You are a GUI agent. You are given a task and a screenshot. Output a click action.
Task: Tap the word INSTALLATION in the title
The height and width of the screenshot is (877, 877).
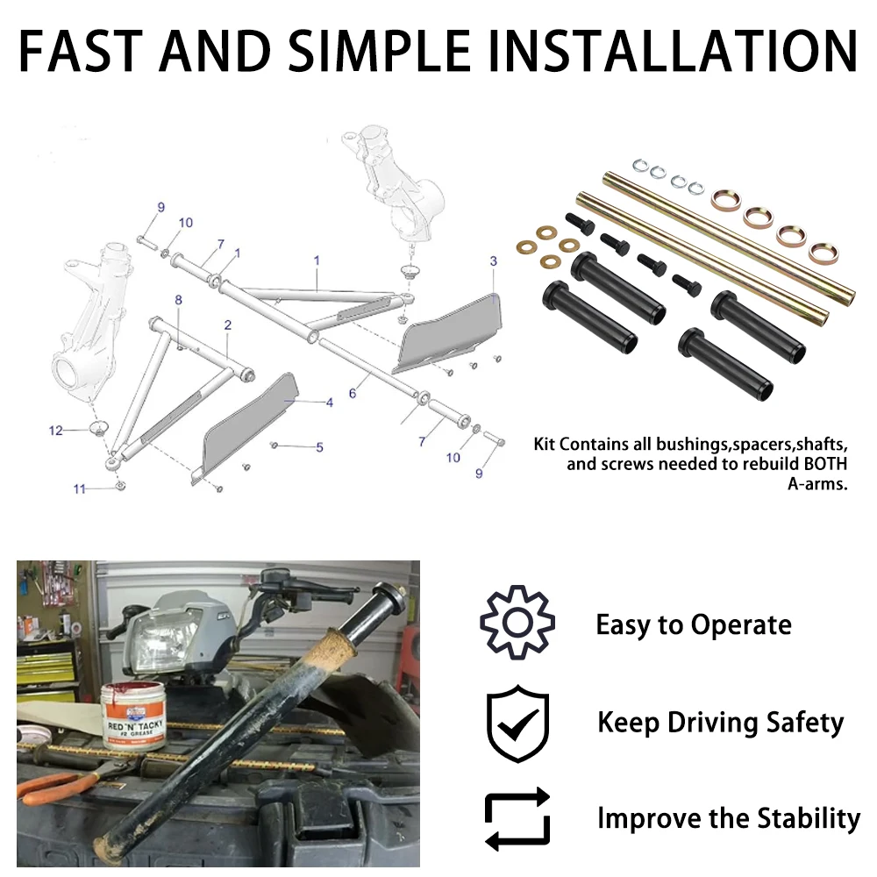click(672, 52)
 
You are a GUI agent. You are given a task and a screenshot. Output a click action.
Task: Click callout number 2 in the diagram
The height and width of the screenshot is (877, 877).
click(228, 325)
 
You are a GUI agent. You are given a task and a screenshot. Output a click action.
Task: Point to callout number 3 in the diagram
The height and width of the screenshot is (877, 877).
click(494, 261)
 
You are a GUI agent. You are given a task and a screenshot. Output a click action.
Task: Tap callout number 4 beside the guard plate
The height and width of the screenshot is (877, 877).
click(330, 403)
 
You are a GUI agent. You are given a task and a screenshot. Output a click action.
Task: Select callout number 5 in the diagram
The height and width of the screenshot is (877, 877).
click(319, 447)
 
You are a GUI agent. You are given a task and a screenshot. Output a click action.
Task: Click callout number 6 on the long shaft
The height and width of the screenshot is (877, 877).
click(353, 394)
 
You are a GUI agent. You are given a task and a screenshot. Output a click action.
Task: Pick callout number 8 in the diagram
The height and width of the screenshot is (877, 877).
click(178, 301)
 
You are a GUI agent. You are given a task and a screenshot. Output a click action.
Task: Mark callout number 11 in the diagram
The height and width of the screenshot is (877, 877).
click(80, 488)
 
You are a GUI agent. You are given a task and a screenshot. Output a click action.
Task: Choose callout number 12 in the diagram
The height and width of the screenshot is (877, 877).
click(56, 431)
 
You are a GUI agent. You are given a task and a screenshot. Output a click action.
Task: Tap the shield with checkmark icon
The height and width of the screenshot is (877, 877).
click(518, 724)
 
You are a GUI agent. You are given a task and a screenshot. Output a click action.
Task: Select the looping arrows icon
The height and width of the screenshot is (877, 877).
click(517, 818)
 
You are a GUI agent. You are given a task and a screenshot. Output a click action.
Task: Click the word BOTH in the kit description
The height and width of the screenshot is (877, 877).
click(819, 464)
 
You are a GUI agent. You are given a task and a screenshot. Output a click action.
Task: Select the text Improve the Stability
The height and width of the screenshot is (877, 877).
click(729, 818)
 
